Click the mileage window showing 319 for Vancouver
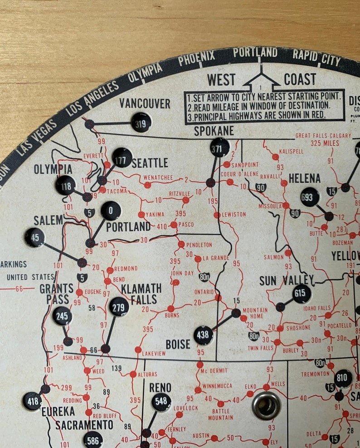(x=141, y=122)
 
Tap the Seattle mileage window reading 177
(x=122, y=157)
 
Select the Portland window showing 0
(x=111, y=211)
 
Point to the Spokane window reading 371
(x=220, y=148)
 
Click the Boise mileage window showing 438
(x=204, y=335)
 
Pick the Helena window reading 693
(x=310, y=197)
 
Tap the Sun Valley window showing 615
(x=302, y=294)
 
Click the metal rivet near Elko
(x=266, y=405)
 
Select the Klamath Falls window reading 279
(x=119, y=307)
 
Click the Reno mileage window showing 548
(x=161, y=402)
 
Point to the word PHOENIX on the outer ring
(x=196, y=59)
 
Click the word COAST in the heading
(x=300, y=79)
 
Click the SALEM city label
(x=48, y=221)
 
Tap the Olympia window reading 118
(x=65, y=185)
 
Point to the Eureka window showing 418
(x=32, y=401)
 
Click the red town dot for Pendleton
(x=181, y=244)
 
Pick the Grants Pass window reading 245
(x=62, y=316)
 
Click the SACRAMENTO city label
(x=84, y=425)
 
